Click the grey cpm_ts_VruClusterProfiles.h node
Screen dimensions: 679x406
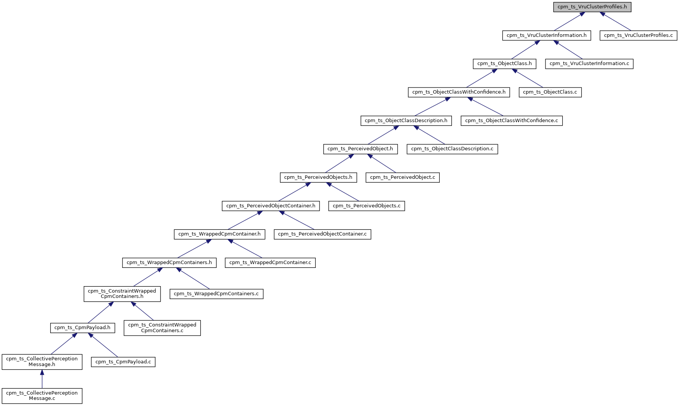click(592, 7)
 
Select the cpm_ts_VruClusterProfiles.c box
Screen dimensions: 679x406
click(638, 35)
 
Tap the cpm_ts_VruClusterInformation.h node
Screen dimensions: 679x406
click(546, 35)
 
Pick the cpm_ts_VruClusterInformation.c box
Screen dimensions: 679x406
click(589, 64)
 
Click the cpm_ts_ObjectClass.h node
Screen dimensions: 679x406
click(504, 64)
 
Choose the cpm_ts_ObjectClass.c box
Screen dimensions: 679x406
click(550, 92)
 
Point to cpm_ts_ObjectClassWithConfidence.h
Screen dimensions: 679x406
click(458, 92)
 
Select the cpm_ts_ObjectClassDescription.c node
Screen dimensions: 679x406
click(452, 149)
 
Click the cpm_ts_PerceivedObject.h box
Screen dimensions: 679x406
click(360, 149)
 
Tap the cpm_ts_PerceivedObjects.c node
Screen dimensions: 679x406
click(366, 206)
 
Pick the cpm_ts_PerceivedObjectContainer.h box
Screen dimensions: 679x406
click(270, 206)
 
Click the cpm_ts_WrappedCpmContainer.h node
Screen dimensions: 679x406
click(219, 234)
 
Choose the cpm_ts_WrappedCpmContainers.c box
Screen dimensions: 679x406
click(216, 294)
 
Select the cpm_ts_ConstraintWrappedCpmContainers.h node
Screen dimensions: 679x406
click(122, 294)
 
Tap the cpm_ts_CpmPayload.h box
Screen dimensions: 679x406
click(82, 328)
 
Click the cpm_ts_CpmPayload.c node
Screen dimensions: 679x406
click(123, 362)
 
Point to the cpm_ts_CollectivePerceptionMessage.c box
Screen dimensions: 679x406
click(42, 396)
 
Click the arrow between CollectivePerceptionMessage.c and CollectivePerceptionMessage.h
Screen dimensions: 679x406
click(42, 379)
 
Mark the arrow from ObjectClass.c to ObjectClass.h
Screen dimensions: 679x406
click(527, 78)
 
